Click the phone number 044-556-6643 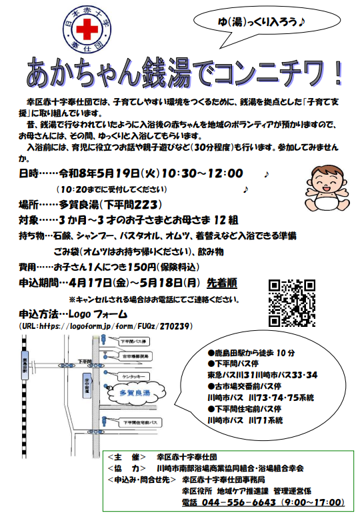coord(238,502)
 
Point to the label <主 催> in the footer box coord(126,458)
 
